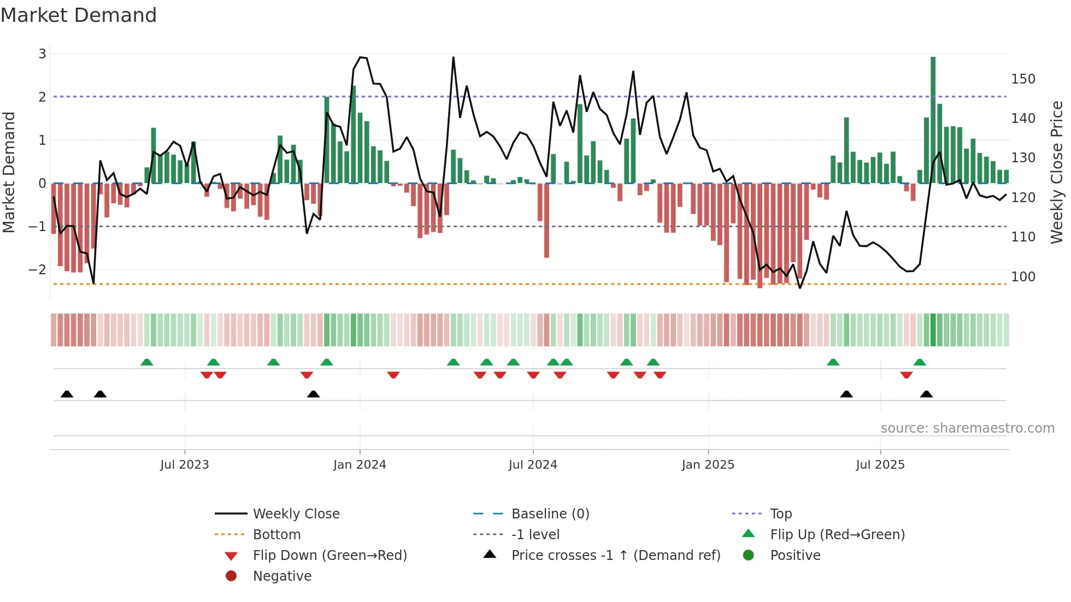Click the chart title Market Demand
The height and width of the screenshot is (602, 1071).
[79, 15]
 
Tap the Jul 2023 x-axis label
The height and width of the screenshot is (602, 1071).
[185, 465]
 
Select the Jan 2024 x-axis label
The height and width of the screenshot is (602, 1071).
[360, 465]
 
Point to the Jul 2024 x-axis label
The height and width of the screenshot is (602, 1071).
[533, 465]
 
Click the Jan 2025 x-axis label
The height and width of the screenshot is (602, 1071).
[708, 465]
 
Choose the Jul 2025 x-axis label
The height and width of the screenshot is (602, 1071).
[880, 465]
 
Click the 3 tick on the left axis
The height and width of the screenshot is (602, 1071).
[43, 54]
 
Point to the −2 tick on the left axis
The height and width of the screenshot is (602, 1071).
[38, 270]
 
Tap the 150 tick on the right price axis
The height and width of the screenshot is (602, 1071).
[1023, 79]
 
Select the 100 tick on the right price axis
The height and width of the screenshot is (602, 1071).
[1023, 277]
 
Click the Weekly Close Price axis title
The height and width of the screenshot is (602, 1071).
[1057, 172]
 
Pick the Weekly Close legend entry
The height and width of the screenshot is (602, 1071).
[296, 514]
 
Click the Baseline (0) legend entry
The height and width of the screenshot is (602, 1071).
[550, 514]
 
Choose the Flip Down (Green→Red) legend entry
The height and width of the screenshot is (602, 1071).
[329, 556]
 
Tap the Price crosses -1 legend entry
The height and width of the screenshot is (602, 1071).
[616, 556]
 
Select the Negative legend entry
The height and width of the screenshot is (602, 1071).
[282, 576]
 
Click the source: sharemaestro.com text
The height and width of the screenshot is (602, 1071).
[967, 428]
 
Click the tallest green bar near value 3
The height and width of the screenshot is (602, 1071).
[933, 120]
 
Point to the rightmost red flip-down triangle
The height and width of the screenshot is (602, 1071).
[907, 375]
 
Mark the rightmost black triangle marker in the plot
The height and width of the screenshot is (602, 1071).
[926, 394]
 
